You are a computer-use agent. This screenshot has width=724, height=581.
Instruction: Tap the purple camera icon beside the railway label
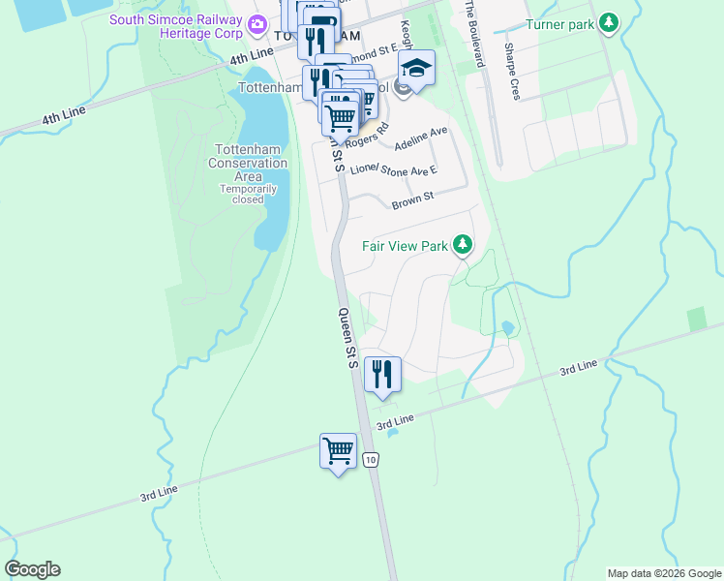(256, 23)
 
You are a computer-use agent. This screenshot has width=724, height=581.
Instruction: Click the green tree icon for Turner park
(608, 22)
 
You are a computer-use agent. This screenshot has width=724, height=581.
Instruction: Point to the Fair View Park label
(405, 246)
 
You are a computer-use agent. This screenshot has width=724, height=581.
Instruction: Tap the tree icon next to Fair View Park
(463, 244)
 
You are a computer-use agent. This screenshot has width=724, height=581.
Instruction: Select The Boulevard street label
(473, 32)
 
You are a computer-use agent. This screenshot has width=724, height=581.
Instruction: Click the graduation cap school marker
(416, 69)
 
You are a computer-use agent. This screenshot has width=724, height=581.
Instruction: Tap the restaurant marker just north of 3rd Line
(382, 374)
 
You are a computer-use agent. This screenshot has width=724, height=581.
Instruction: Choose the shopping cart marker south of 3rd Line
(338, 451)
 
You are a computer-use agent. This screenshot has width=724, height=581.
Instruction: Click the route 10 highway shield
(372, 461)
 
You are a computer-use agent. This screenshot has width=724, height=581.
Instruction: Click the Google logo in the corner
(32, 569)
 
